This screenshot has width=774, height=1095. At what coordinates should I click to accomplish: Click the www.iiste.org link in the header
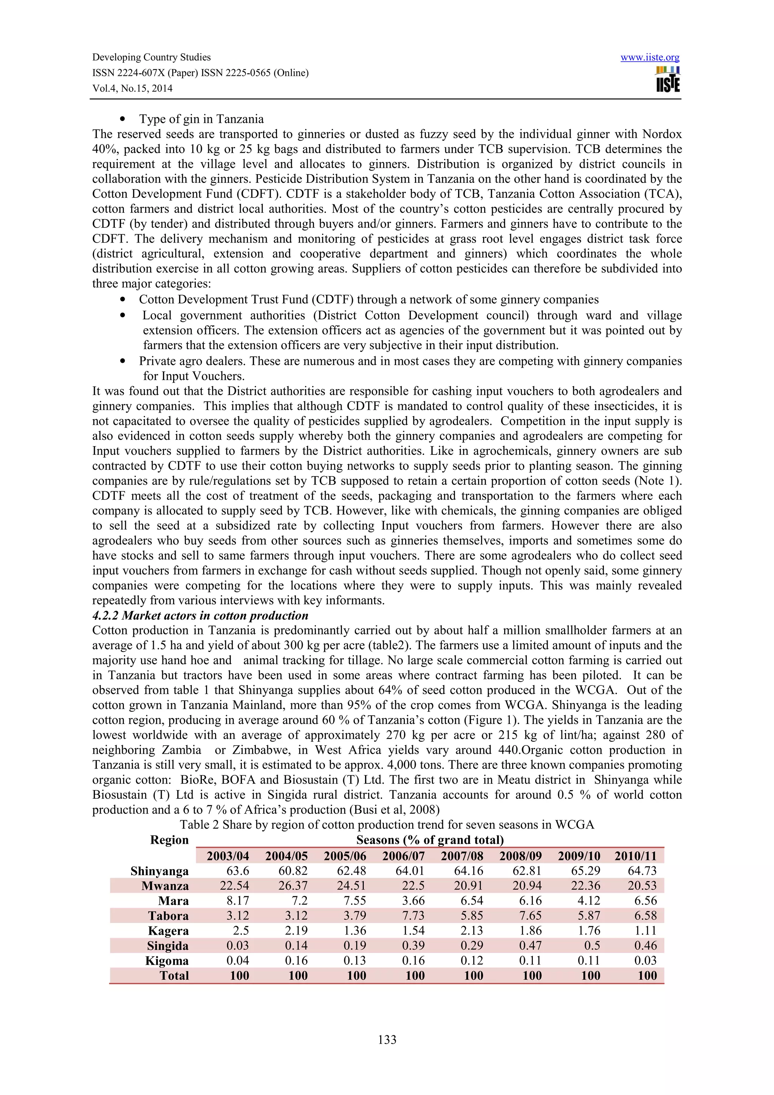pos(650,58)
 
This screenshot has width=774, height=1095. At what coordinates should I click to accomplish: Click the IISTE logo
pos(668,80)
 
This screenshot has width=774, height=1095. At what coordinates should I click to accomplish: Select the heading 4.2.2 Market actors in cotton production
pos(200,615)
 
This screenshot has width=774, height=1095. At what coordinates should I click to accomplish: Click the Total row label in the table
pos(174,976)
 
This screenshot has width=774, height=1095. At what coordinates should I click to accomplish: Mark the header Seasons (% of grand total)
pos(430,840)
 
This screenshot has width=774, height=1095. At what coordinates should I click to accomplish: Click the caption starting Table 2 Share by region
pos(387,824)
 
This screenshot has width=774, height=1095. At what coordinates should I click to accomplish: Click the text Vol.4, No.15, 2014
pos(132,88)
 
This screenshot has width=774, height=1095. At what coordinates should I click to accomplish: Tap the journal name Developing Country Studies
pos(151,57)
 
